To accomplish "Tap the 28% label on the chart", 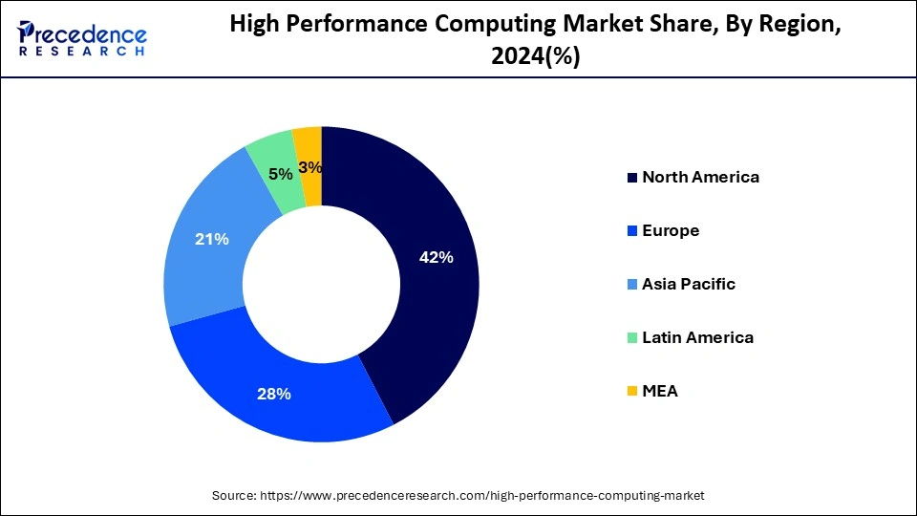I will [275, 394].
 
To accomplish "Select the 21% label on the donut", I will [211, 239].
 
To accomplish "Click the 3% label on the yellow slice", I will [309, 167].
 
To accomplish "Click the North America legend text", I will [700, 177].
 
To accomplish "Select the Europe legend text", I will [671, 230].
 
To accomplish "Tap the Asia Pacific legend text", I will [689, 284].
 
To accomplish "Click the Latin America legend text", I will [697, 337].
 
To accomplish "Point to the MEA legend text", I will [660, 391].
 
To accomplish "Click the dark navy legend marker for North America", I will [631, 178].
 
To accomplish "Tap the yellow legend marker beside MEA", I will [631, 392].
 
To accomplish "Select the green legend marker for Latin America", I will [631, 338].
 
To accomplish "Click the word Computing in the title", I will [470, 26].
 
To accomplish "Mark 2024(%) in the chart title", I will [535, 57].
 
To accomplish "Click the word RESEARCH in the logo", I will [82, 52].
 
